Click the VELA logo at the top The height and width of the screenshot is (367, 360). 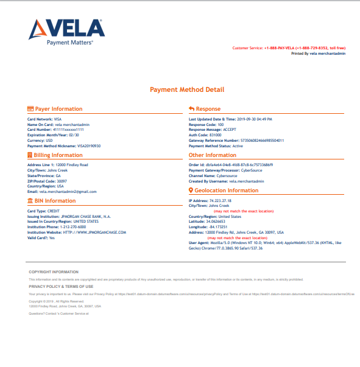[68, 32]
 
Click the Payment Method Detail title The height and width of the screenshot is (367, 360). [187, 90]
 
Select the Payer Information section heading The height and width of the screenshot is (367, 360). [58, 108]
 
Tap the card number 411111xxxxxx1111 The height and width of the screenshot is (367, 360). [69, 130]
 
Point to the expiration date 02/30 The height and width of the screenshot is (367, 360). [73, 135]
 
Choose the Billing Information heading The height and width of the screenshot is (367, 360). [58, 155]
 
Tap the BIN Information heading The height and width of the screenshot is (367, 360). [55, 200]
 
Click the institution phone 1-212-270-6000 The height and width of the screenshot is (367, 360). [73, 227]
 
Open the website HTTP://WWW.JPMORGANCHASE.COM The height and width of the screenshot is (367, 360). [95, 232]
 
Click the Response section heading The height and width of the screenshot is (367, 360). [208, 108]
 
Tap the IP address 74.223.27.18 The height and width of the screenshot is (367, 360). [219, 200]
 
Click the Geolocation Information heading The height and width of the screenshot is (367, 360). [225, 190]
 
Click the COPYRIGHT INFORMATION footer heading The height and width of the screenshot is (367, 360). [54, 271]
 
